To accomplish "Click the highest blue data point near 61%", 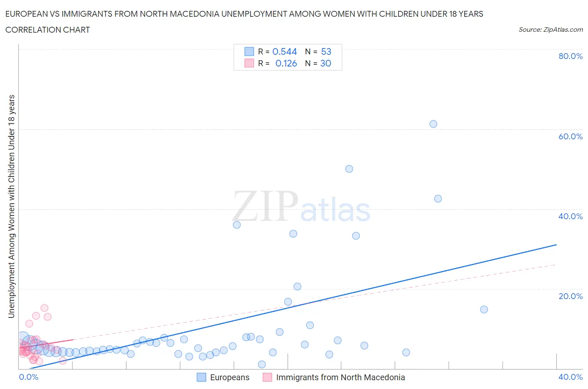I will [x=433, y=124].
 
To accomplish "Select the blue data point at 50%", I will [x=349, y=169].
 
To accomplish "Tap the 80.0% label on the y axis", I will [x=570, y=56].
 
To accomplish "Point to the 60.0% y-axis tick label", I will [x=570, y=136].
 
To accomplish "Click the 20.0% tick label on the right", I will [x=570, y=296].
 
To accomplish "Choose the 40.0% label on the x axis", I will [x=570, y=377].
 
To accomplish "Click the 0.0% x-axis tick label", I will [x=28, y=377].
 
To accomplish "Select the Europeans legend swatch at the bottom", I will [x=202, y=377].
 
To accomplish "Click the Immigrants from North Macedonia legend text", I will [x=340, y=377].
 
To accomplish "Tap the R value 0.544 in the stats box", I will [x=284, y=51].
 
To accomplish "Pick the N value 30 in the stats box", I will [x=325, y=63].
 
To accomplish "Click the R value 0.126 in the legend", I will [x=286, y=63].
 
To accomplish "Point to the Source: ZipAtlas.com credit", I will [x=550, y=30].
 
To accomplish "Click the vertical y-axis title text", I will [x=11, y=206].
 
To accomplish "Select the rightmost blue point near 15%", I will [x=484, y=310].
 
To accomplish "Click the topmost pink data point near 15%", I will [x=44, y=308].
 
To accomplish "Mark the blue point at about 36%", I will [x=237, y=225].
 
